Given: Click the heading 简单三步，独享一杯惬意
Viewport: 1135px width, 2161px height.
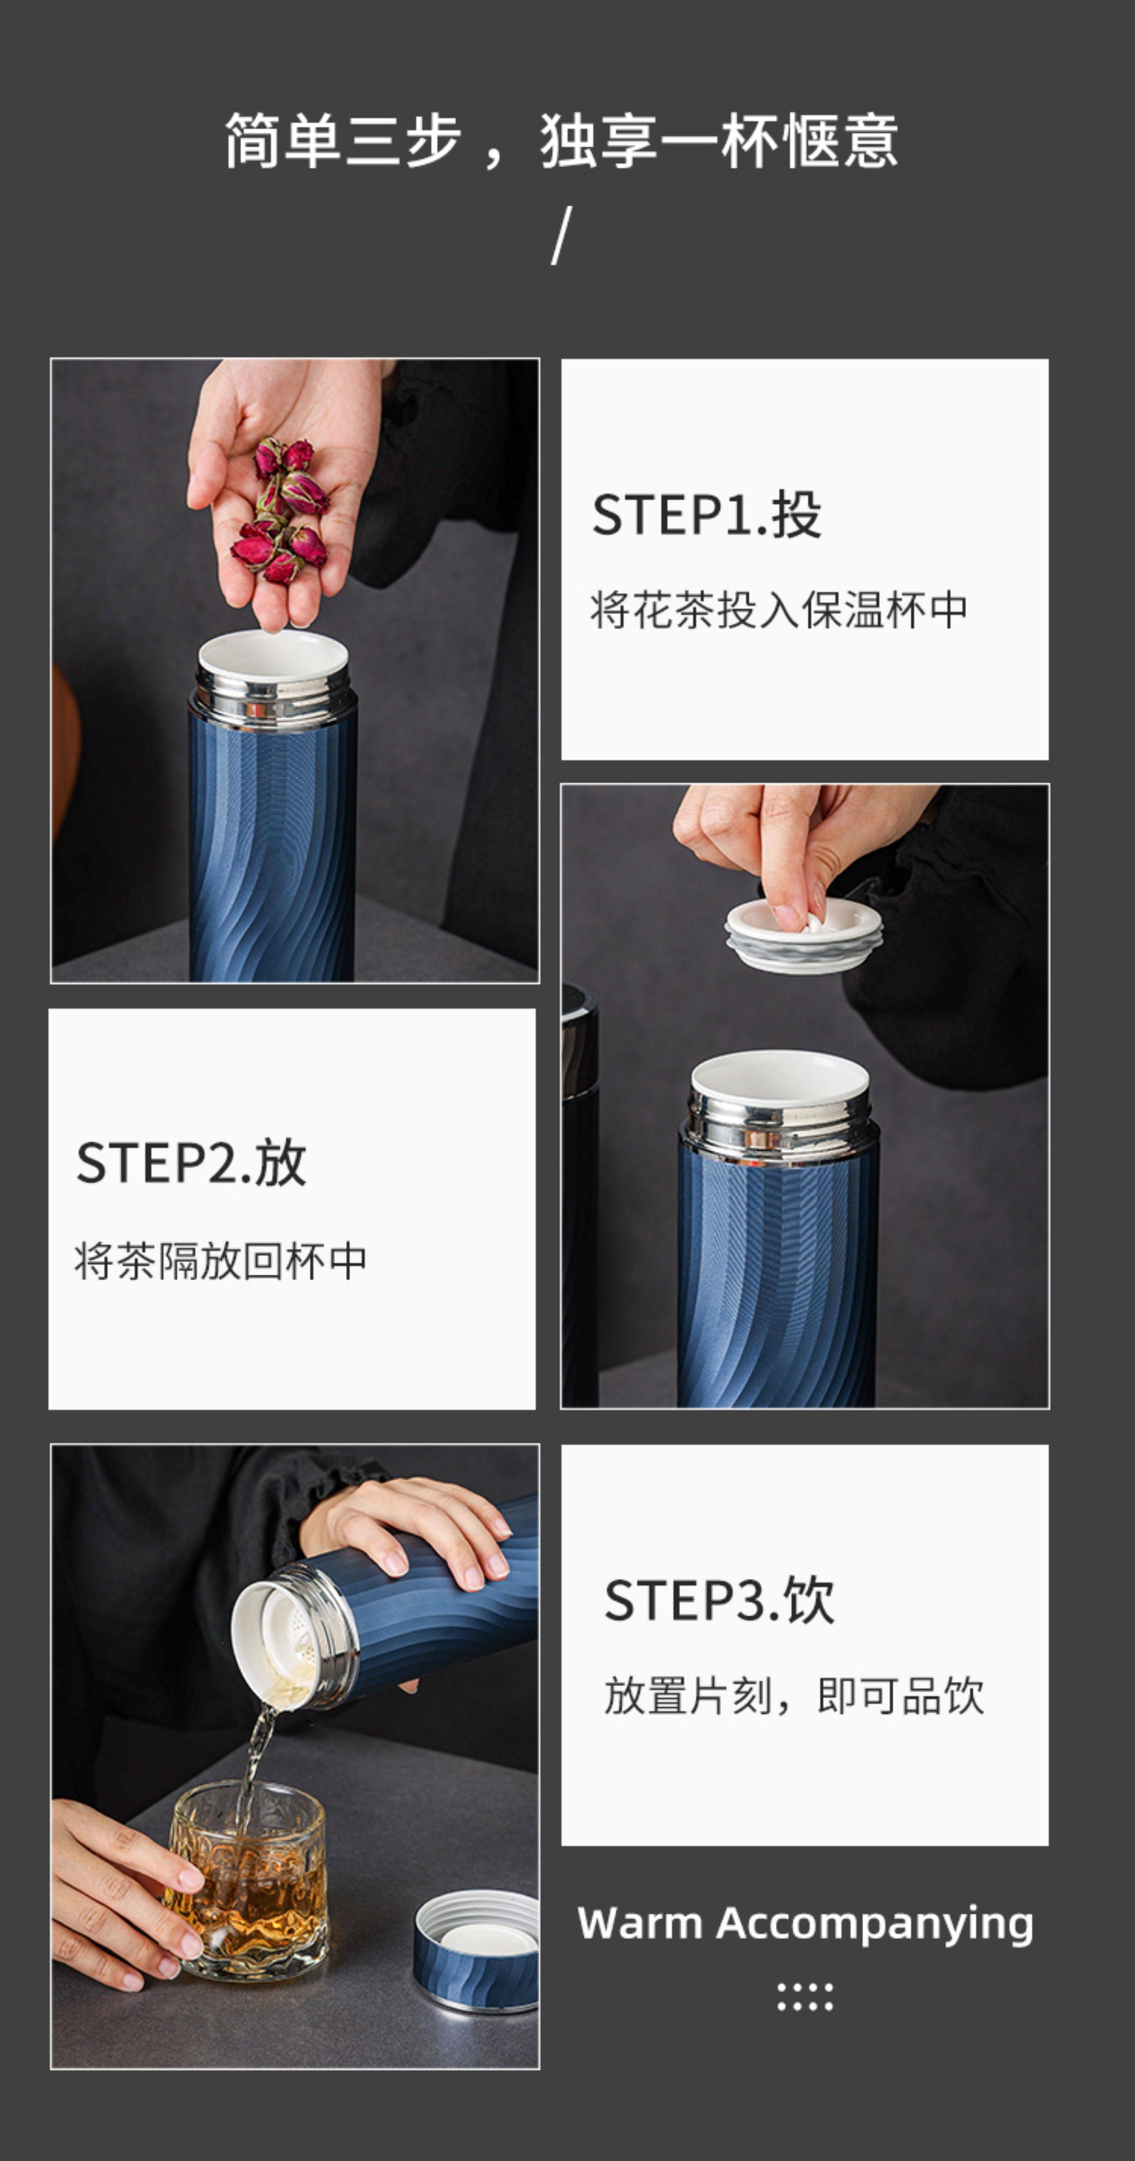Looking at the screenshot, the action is click(561, 141).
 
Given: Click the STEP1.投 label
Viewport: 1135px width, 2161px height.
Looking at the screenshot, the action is click(706, 514).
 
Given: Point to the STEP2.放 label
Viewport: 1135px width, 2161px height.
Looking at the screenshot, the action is click(191, 1163).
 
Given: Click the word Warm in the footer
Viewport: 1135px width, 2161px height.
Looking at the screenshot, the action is click(639, 1923).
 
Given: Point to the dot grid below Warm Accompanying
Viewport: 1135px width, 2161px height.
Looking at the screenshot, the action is click(805, 1997).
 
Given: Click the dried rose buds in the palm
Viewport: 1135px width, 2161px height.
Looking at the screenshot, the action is click(280, 510).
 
